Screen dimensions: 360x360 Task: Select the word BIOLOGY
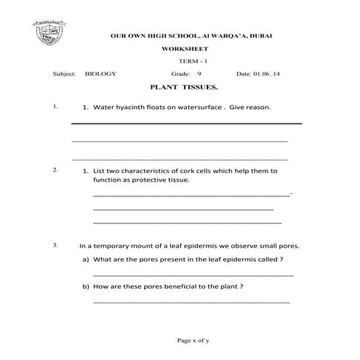[x=100, y=73]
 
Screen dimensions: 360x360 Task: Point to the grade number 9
[x=199, y=73]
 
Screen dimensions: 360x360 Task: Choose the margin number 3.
[x=55, y=244]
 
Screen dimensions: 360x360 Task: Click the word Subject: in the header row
[x=64, y=73]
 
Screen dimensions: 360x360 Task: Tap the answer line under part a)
[x=193, y=276]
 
